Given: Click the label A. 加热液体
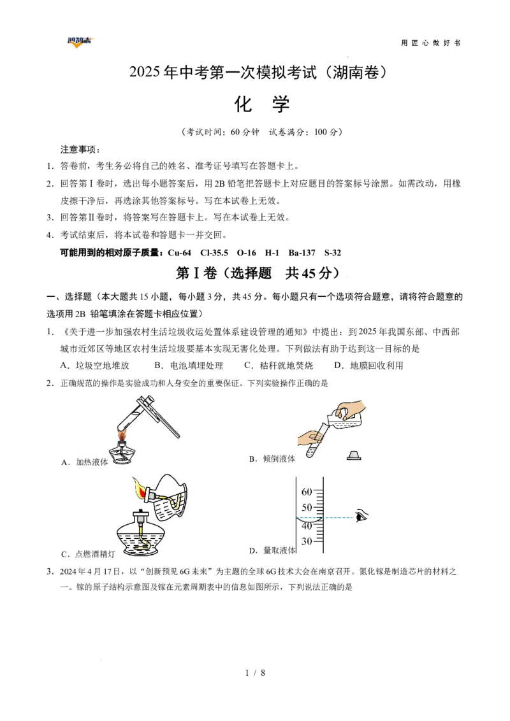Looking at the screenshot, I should click(85, 462).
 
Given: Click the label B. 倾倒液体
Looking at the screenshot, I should click(272, 459).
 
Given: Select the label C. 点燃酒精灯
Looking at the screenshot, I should click(88, 554).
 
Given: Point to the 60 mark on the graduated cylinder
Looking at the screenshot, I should click(307, 492).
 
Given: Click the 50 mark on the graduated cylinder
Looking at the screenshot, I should click(307, 508).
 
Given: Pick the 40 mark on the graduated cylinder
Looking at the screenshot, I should click(307, 526).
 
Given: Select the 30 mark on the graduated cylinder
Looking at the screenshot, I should click(307, 541).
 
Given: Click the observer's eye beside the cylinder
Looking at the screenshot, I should click(362, 516).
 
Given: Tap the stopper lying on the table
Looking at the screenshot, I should click(354, 455).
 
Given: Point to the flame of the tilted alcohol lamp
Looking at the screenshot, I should click(138, 489).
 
